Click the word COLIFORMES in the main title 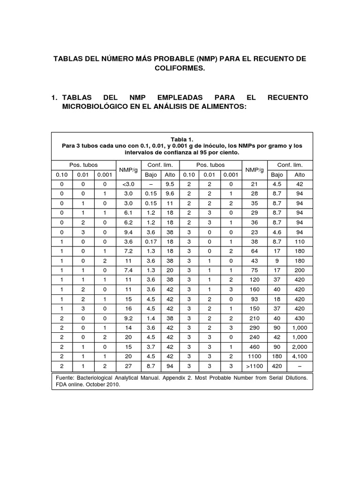coord(180,68)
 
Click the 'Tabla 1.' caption coord(181,139)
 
